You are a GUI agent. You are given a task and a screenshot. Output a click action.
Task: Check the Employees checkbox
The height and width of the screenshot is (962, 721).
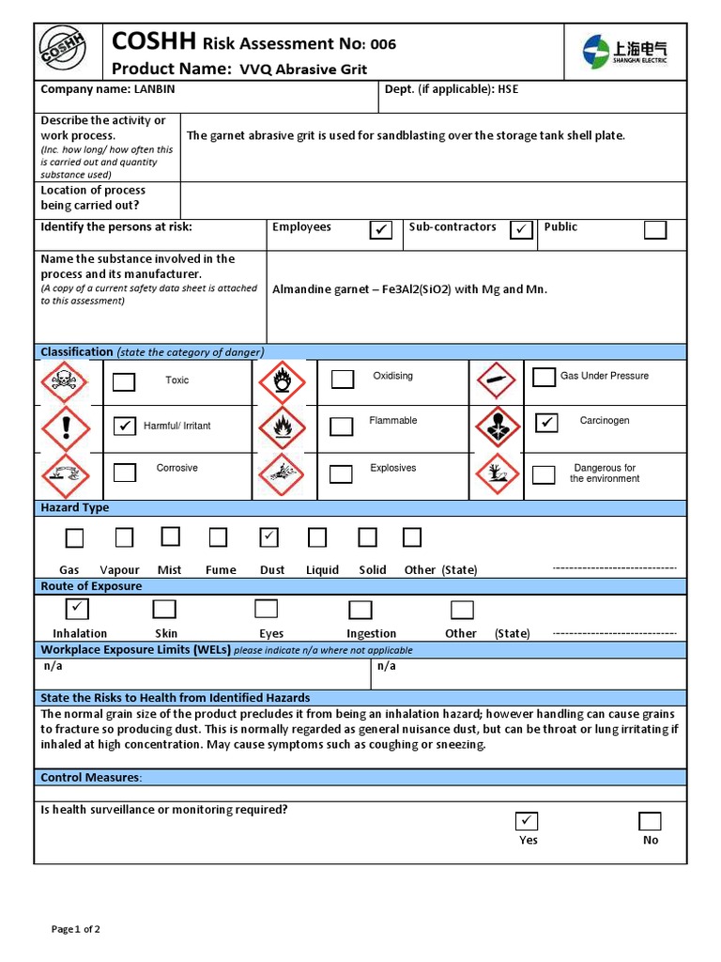[380, 230]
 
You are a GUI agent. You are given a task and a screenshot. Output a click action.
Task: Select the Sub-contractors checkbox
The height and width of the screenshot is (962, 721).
[521, 230]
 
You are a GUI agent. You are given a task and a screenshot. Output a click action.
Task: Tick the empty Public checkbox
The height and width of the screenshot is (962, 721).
[654, 230]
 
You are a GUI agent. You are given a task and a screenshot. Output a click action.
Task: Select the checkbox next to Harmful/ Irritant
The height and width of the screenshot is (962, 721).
[124, 426]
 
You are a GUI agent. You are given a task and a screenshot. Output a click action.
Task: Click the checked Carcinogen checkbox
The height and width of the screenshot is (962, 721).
[546, 423]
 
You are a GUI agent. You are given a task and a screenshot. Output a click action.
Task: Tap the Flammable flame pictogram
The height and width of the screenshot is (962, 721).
[282, 427]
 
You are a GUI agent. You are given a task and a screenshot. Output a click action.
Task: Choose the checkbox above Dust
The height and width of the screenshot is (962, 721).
[269, 537]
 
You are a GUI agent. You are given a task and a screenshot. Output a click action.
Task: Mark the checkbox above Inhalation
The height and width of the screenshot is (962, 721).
[77, 609]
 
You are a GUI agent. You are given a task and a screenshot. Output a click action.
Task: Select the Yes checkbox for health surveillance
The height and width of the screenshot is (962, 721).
[528, 821]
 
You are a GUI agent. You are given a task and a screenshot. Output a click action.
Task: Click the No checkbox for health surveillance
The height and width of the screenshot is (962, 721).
[650, 821]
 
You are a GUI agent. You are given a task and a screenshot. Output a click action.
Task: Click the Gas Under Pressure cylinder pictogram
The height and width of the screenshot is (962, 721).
[498, 380]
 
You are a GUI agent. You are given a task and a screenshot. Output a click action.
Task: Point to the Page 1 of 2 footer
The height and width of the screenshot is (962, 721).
[76, 929]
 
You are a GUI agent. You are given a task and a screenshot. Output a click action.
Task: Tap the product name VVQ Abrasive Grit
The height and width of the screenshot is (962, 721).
[303, 70]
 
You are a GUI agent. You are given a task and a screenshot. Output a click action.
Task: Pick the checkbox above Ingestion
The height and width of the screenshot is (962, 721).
[360, 610]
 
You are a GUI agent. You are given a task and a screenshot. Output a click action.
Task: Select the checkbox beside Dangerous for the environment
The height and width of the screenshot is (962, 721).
[544, 474]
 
